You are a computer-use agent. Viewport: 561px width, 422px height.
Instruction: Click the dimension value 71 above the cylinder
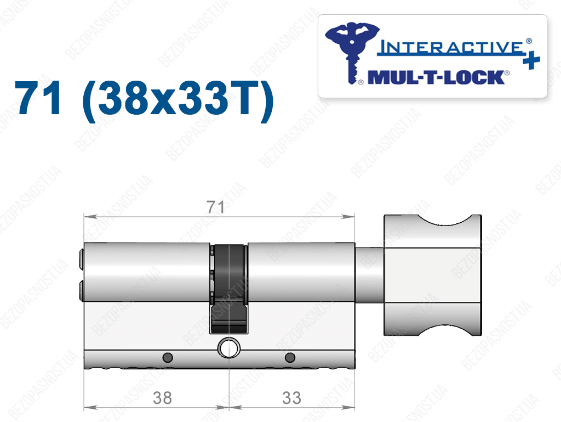coord(215,207)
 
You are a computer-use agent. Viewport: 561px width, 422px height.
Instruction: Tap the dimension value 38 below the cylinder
coord(162,398)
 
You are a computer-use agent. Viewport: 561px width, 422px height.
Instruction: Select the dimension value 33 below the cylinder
coord(291,398)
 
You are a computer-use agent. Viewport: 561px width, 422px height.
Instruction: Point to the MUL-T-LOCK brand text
coord(437,77)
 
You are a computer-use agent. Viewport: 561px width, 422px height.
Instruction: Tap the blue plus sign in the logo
coord(531,60)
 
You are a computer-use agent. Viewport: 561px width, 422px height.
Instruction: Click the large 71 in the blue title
coord(38,98)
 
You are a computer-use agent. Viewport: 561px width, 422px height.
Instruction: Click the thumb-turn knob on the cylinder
coord(433,275)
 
